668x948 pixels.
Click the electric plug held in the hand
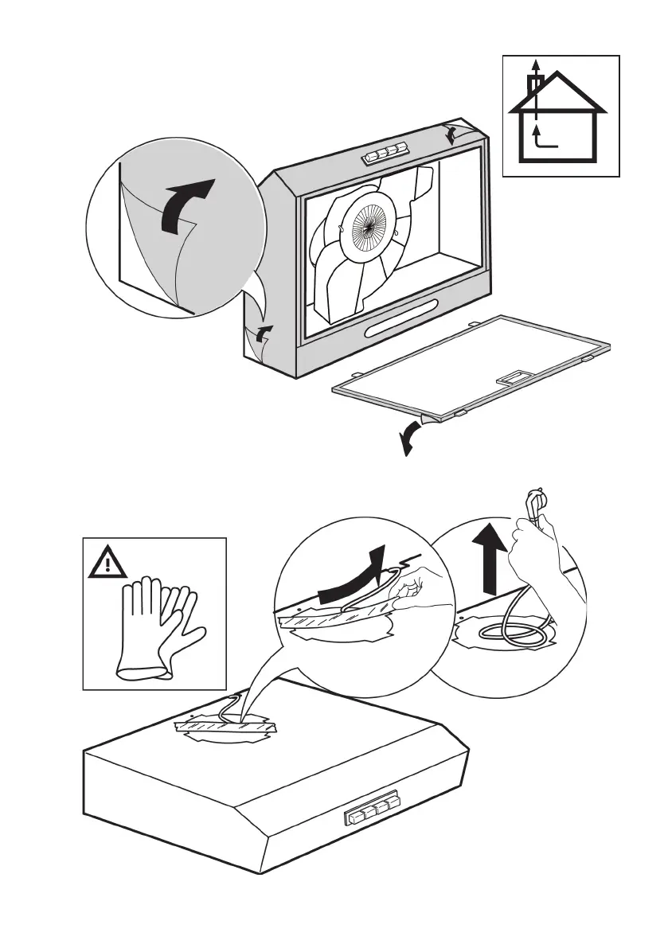[x=532, y=505]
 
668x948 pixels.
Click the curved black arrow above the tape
[x=350, y=580]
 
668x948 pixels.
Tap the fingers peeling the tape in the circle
[x=410, y=592]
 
